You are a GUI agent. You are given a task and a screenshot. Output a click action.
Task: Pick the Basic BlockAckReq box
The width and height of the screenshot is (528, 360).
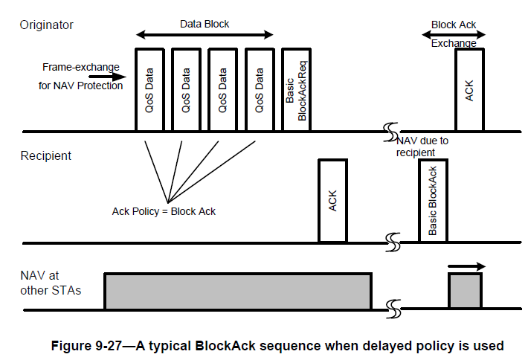(x=295, y=90)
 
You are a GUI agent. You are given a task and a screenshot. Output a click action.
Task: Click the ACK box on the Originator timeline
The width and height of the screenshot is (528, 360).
(x=469, y=90)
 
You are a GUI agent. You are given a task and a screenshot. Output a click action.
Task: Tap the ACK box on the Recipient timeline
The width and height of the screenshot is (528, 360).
(x=332, y=200)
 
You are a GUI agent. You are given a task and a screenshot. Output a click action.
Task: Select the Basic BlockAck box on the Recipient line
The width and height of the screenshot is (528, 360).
(x=433, y=200)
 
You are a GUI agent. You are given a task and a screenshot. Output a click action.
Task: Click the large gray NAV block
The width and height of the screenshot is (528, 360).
(x=238, y=291)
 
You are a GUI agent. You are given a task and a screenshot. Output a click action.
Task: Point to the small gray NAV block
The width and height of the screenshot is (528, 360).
(x=465, y=291)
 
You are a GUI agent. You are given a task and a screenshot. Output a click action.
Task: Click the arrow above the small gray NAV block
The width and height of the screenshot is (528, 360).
(x=466, y=266)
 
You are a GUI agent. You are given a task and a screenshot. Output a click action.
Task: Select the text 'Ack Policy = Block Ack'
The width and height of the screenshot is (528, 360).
(x=163, y=212)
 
